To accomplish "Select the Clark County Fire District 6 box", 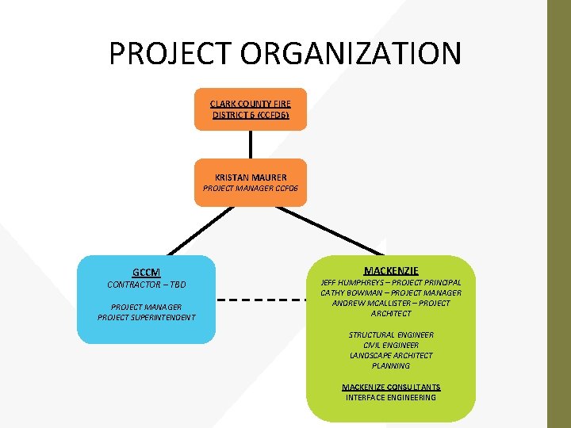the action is pos(250,109).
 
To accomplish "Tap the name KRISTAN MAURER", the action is pos(251,177).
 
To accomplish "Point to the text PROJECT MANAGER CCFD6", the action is pos(250,189).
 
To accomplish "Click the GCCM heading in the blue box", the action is pos(147,273).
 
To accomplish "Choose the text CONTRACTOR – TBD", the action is pos(147,285).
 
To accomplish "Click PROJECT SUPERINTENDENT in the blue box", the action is pos(147,318).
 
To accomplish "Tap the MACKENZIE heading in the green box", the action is pos(391,270).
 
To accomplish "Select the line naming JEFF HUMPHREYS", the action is pos(391,282).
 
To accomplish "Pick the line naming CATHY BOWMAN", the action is pos(391,292).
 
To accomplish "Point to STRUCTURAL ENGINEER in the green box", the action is pos(391,335).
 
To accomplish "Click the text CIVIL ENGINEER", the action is pos(391,346).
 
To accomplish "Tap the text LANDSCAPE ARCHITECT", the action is pos(391,356).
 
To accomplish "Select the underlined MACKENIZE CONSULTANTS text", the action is pos(391,387).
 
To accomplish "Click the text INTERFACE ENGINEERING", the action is pos(391,397).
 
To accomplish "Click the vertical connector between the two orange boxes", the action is pos(251,144).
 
